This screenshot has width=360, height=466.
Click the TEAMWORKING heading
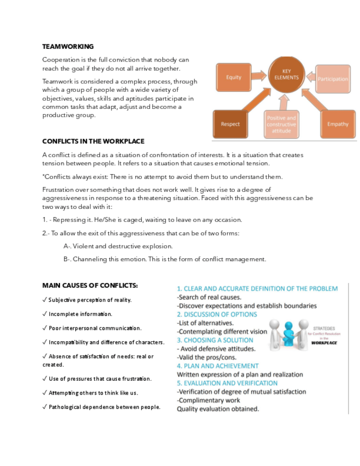pyautogui.click(x=68, y=47)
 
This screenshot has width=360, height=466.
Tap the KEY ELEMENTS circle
pyautogui.click(x=286, y=75)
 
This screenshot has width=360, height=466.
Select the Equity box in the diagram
pyautogui.click(x=234, y=77)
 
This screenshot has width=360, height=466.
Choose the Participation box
pyautogui.click(x=333, y=79)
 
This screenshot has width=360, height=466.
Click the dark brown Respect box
pyautogui.click(x=230, y=124)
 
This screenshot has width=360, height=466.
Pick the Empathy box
pyautogui.click(x=337, y=124)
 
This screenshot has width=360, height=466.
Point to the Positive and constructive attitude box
pyautogui.click(x=281, y=125)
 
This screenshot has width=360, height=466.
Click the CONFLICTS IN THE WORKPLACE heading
pyautogui.click(x=93, y=141)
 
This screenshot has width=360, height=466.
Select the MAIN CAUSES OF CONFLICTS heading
pyautogui.click(x=90, y=285)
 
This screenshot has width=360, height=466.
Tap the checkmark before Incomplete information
pyautogui.click(x=45, y=314)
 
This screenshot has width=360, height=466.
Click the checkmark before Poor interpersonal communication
pyautogui.click(x=45, y=328)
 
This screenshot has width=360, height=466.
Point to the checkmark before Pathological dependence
pyautogui.click(x=45, y=407)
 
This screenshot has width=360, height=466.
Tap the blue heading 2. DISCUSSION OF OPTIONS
pyautogui.click(x=217, y=314)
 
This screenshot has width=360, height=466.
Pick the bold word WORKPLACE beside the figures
pyautogui.click(x=324, y=342)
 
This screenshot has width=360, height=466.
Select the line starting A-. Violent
pyautogui.click(x=118, y=246)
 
